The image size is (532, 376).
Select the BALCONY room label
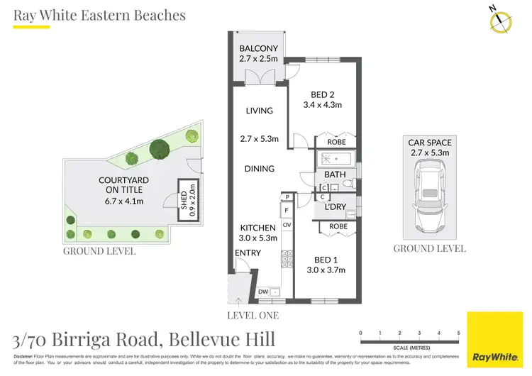[258, 48]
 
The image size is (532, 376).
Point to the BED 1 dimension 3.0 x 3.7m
[326, 270]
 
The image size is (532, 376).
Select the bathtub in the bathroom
[338, 160]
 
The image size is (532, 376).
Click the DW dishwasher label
[263, 292]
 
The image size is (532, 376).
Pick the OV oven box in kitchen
[287, 225]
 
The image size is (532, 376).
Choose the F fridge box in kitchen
[287, 211]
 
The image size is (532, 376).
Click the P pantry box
[287, 197]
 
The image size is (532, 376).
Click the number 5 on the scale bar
[458, 333]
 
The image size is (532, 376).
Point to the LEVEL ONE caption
[252, 315]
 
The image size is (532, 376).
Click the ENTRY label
[248, 253]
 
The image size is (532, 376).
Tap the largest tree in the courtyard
[161, 149]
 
